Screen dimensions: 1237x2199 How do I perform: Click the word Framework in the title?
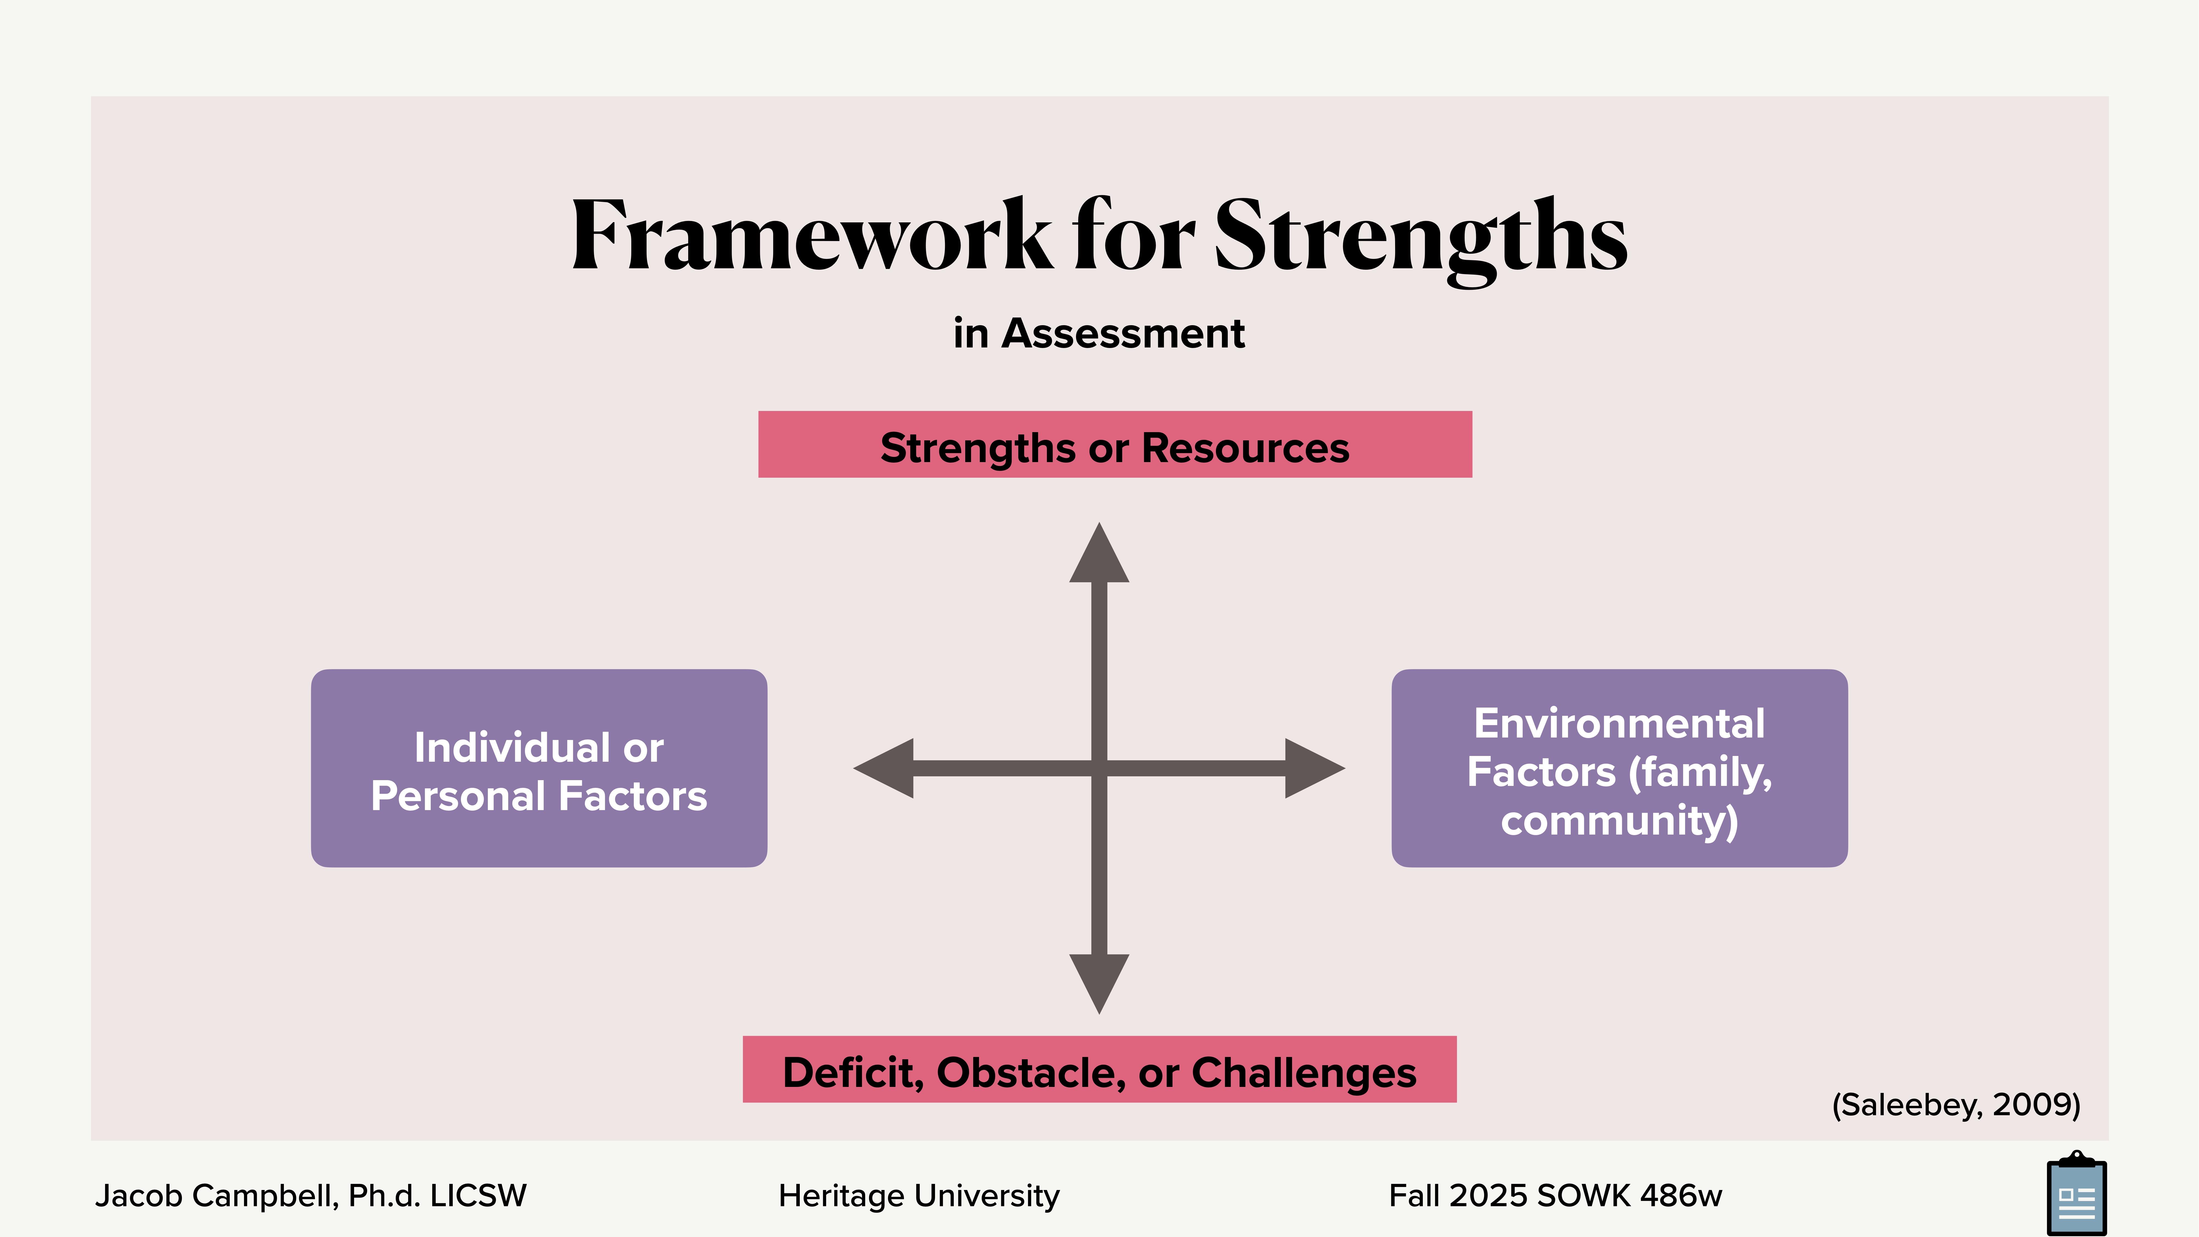pyautogui.click(x=811, y=235)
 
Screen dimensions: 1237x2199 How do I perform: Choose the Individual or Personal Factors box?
pyautogui.click(x=539, y=768)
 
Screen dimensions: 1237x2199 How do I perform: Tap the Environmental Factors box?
pyautogui.click(x=1619, y=768)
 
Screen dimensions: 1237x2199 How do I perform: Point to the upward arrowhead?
pyautogui.click(x=1099, y=555)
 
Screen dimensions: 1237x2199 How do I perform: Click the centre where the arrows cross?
pyautogui.click(x=1099, y=768)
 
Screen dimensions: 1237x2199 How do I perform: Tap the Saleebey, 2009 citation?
pyautogui.click(x=1956, y=1105)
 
